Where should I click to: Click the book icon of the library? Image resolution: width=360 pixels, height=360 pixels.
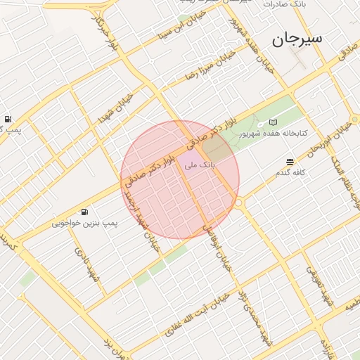(274, 122)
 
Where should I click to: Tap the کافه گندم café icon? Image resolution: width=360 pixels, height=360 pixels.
(290, 162)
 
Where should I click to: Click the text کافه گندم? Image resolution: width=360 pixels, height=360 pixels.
(290, 172)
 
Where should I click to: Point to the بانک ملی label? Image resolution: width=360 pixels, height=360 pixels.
(200, 165)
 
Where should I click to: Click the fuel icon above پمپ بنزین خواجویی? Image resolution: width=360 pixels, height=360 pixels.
(84, 212)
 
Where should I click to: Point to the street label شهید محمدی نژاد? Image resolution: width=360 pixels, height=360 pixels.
(253, 316)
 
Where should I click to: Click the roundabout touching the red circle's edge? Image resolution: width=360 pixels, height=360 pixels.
(238, 202)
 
